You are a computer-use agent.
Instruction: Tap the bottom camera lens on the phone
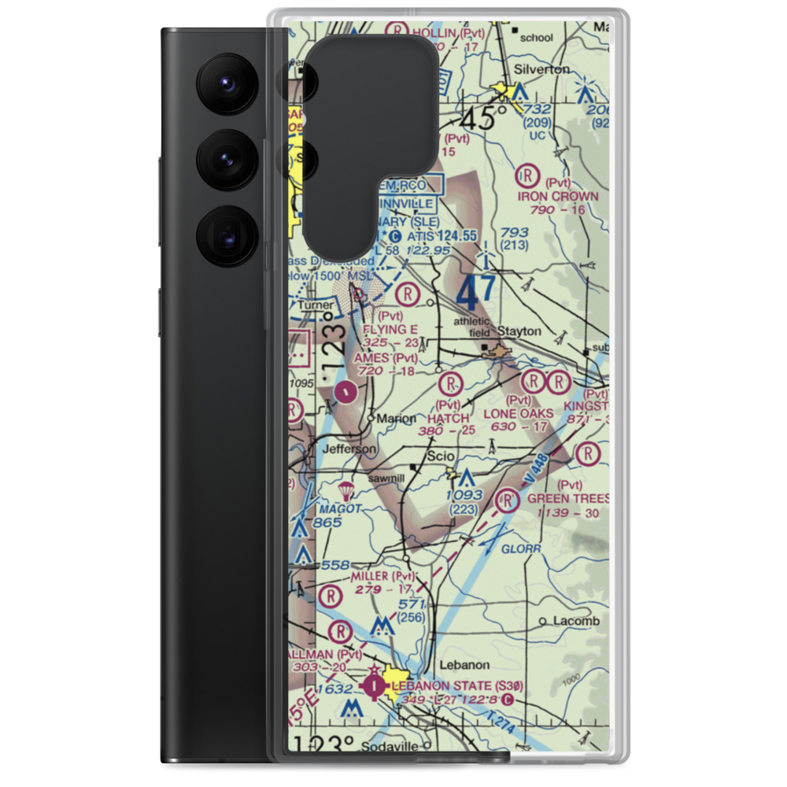click(x=225, y=235)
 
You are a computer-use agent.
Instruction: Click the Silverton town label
click(x=541, y=69)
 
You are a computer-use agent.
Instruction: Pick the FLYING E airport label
click(x=390, y=329)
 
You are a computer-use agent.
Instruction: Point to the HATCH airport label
click(x=449, y=418)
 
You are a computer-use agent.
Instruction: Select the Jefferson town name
click(x=350, y=449)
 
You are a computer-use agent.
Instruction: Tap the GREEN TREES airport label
click(x=568, y=499)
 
